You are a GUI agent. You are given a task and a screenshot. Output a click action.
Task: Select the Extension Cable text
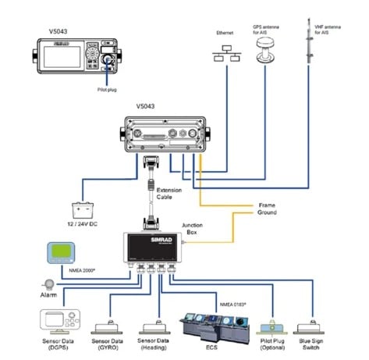pos(169,194)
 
